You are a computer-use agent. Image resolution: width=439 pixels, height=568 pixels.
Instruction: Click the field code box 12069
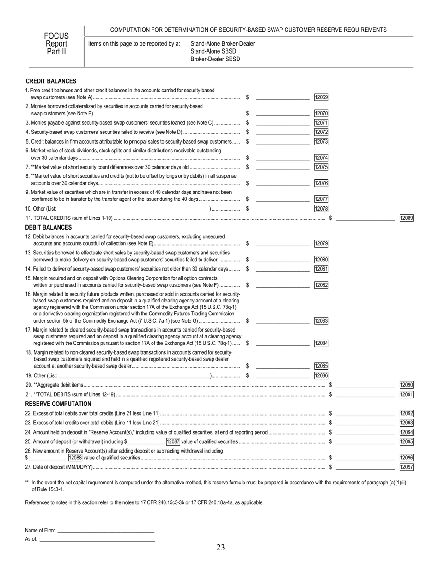tap(321, 97)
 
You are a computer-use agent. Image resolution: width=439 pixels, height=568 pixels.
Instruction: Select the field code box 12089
tap(406, 218)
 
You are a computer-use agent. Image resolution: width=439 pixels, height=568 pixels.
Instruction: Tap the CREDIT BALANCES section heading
tap(51, 81)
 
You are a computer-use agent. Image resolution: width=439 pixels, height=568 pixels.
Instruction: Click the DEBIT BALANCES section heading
tap(49, 227)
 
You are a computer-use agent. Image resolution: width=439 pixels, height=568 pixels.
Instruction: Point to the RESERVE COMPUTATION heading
tap(58, 404)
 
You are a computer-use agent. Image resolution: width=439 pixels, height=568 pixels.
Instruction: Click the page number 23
tap(220, 548)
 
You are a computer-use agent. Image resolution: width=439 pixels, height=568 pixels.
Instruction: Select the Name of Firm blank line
tap(105, 531)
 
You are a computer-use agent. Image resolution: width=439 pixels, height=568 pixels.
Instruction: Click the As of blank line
tap(97, 539)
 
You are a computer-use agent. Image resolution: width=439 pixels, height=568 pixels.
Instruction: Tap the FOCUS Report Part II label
tap(56, 43)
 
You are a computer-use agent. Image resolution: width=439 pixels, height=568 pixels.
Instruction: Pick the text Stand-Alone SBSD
tap(213, 51)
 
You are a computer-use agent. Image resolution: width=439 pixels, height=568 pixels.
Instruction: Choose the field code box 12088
tap(75, 458)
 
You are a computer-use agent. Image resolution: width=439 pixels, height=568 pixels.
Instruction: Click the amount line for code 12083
tap(282, 321)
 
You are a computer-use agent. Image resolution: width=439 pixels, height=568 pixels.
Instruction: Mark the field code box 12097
tap(406, 467)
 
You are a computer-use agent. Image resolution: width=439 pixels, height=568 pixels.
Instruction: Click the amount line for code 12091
tap(365, 394)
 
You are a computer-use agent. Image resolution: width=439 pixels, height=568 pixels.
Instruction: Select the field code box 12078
tap(321, 209)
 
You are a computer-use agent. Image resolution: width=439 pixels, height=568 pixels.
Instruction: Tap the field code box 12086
tap(321, 376)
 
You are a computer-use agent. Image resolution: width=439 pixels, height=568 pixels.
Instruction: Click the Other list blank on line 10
tap(134, 209)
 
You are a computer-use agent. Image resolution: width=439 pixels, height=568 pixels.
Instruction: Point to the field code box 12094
tap(406, 432)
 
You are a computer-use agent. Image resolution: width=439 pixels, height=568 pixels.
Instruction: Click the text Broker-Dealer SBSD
tap(215, 59)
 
